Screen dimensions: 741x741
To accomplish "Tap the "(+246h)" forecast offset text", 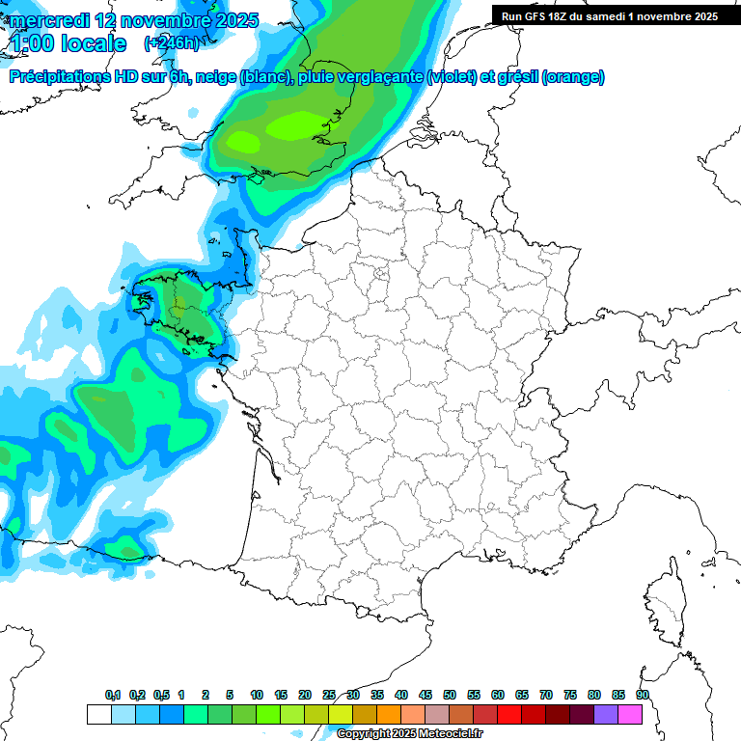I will click(172, 43).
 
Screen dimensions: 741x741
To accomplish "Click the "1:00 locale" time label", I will click(68, 43).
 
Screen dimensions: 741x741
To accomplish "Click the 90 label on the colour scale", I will click(642, 695).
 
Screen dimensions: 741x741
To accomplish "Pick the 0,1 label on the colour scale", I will click(112, 695).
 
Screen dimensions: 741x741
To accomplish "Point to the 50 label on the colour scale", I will click(450, 695).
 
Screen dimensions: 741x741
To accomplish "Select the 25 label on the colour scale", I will click(329, 695).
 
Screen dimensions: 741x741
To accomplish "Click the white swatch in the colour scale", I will click(98, 714).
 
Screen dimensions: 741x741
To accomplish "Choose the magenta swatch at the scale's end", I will click(630, 714).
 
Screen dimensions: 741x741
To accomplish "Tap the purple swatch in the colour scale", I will click(606, 714).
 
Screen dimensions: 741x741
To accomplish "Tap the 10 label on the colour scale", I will click(257, 695).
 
